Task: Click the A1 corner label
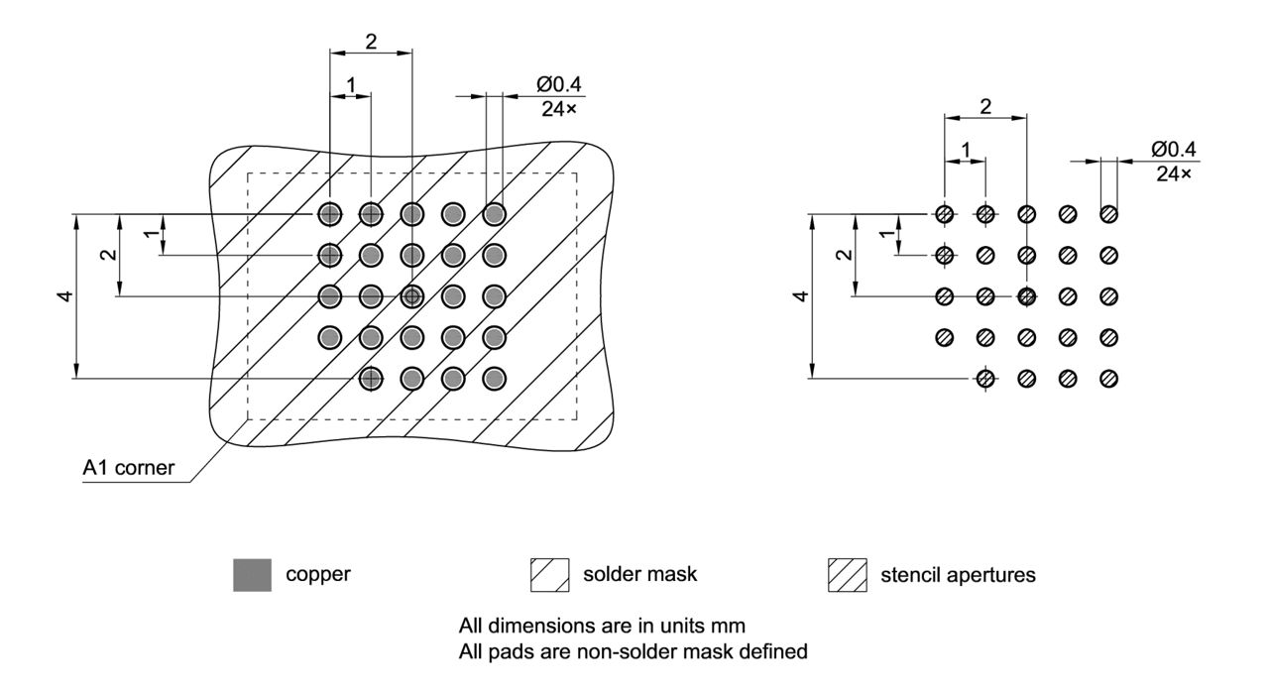tap(128, 469)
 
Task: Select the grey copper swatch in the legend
tap(251, 574)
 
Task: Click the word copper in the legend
tap(317, 574)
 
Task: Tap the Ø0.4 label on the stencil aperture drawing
tap(1175, 149)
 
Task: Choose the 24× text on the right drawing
tap(1174, 173)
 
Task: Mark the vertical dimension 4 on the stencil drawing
tap(802, 296)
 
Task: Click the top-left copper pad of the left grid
tap(329, 214)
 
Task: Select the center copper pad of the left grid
tap(411, 295)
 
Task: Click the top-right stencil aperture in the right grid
tap(1109, 214)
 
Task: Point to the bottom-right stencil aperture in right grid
tap(1109, 378)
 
